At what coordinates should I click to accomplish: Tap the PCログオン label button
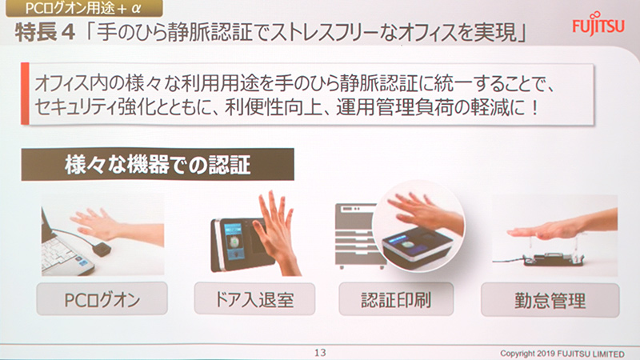pos(102,301)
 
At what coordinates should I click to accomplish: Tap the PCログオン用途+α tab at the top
pos(88,9)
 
